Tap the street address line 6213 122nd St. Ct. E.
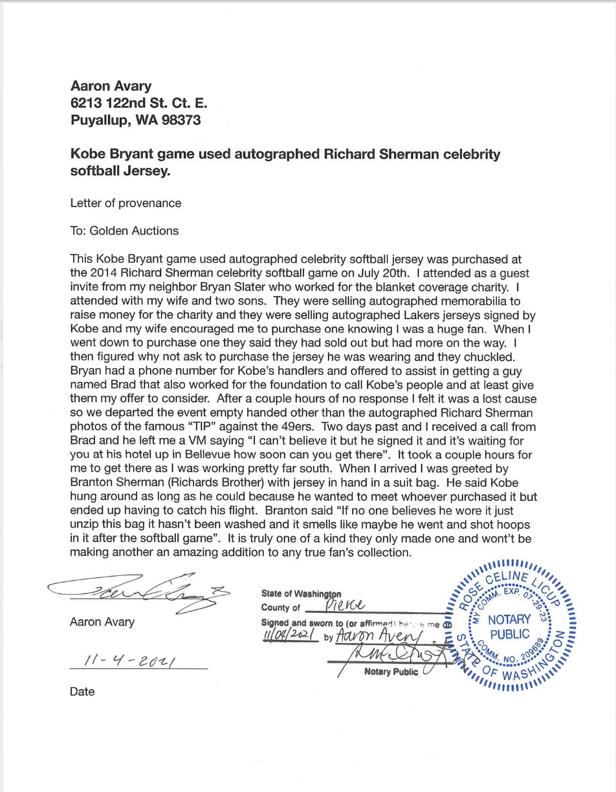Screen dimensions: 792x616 click(138, 103)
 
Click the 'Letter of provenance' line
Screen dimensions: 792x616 click(126, 203)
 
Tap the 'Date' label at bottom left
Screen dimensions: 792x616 click(82, 692)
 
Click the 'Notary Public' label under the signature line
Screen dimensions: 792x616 click(391, 672)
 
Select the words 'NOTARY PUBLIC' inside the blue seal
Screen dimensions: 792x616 click(509, 626)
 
